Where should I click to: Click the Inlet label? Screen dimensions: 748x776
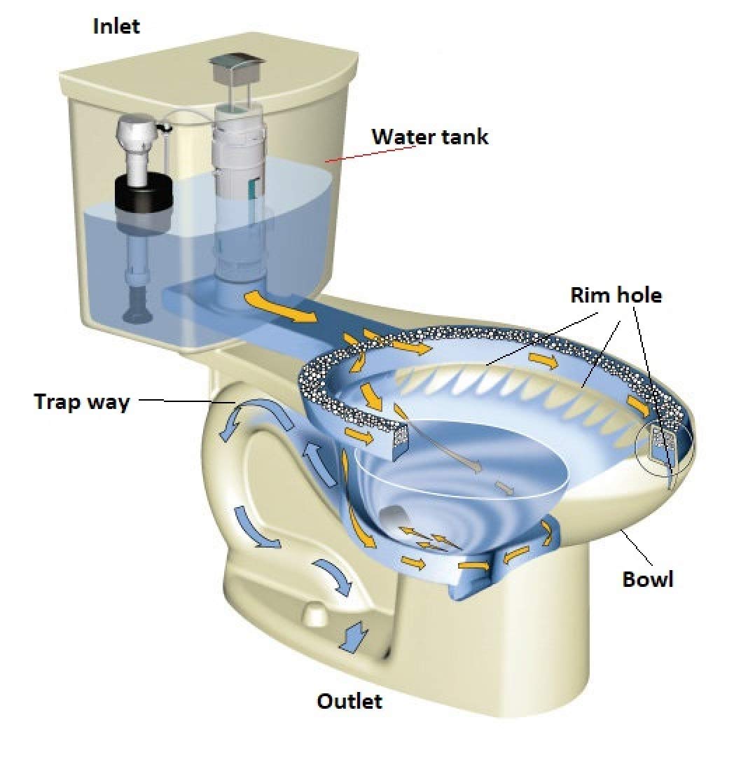(116, 26)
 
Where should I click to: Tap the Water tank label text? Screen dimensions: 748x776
(430, 137)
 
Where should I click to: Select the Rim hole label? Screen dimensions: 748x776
(616, 295)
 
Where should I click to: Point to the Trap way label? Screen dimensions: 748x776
(82, 402)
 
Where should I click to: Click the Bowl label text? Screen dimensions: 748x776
(648, 578)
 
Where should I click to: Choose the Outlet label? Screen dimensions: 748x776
(349, 701)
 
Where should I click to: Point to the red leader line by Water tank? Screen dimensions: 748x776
(372, 153)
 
